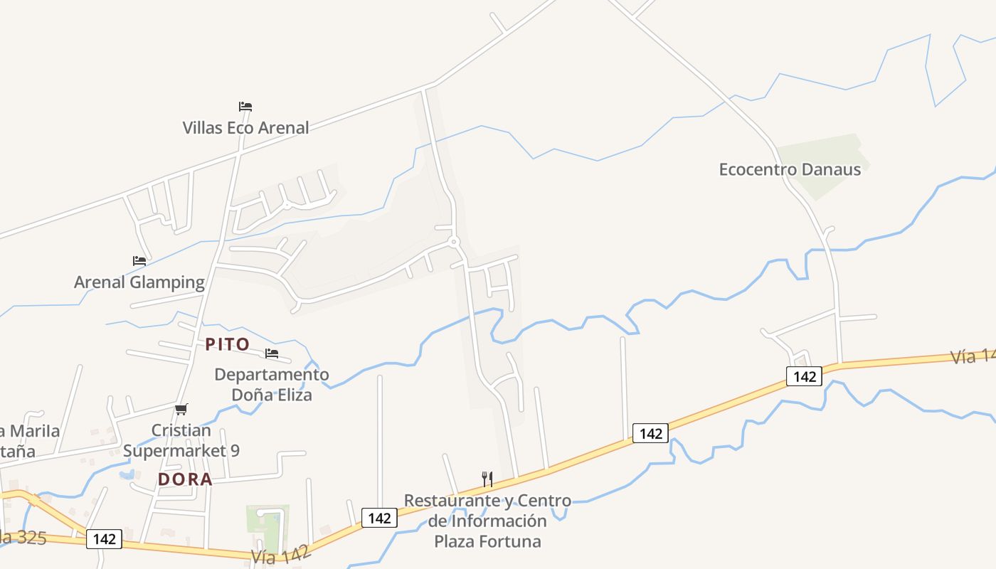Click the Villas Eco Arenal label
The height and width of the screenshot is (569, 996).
coord(245,128)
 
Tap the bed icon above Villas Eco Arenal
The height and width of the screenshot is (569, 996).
coord(245,107)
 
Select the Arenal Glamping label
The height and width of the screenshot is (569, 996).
coord(139,282)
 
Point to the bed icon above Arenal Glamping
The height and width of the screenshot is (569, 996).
coord(139,261)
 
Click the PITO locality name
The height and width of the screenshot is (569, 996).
coord(228,344)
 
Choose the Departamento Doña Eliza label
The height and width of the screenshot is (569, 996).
coord(272,384)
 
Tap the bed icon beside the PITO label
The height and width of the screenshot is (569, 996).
coord(272,353)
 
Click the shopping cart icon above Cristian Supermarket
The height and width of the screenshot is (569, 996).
coord(181,409)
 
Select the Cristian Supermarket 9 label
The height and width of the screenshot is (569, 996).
coord(181,440)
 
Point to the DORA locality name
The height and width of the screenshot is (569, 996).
coord(185,479)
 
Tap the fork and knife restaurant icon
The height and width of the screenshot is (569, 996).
coord(487,479)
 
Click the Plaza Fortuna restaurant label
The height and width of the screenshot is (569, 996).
coord(487,521)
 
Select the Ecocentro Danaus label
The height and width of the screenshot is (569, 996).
coord(790,169)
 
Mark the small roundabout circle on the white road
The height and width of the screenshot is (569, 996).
coord(454,243)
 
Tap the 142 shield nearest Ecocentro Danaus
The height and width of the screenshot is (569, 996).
coord(804,376)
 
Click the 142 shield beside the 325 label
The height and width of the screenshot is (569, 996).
coord(104,539)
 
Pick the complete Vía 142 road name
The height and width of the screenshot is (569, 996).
coord(280,555)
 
